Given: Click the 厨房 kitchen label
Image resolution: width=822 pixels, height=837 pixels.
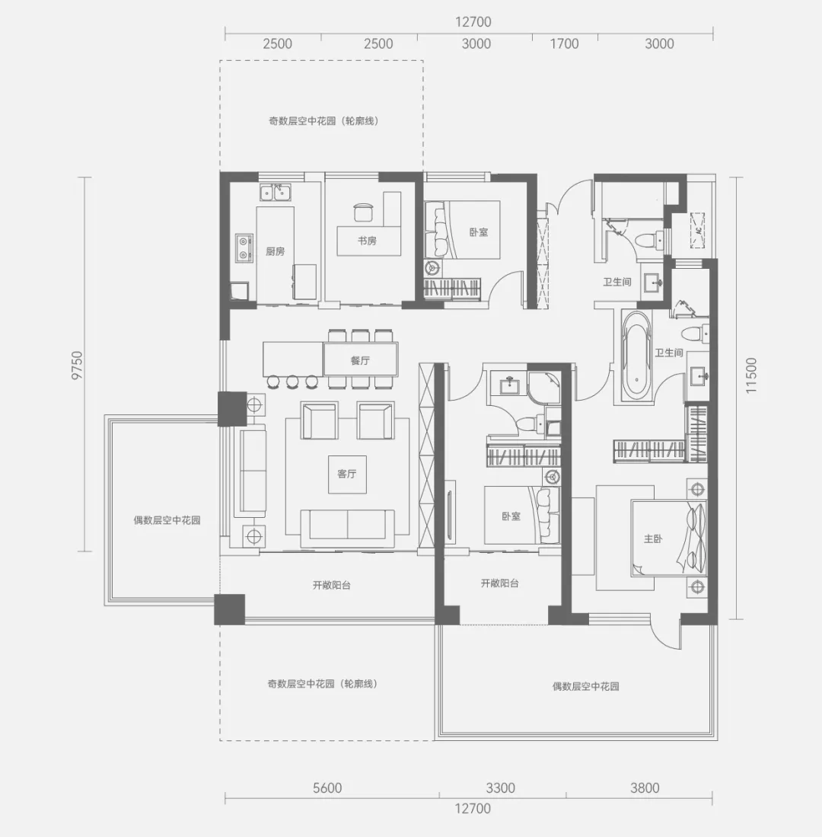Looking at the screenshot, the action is [x=276, y=251].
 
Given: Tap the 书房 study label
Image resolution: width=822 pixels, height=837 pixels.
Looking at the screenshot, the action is [x=367, y=241].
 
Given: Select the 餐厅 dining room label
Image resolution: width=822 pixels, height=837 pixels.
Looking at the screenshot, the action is [x=360, y=361].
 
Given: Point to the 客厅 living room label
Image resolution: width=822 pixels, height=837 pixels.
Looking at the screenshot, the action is [x=347, y=474].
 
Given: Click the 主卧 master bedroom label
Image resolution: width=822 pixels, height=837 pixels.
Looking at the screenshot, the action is [x=653, y=538].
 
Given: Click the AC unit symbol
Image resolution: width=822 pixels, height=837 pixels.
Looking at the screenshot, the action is [x=698, y=230].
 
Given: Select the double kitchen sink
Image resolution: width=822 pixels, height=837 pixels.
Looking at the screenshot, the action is [x=276, y=192].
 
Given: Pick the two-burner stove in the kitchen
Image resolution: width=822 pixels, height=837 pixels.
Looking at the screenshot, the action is [x=244, y=248].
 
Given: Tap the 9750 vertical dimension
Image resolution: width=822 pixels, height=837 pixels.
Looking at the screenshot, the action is [x=78, y=365].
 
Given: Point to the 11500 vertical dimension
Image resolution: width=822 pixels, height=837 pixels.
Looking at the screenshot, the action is [x=751, y=375].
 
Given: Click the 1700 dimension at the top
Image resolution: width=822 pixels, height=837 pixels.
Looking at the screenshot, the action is [x=564, y=43].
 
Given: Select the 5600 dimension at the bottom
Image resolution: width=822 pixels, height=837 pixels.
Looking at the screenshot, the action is [x=327, y=788].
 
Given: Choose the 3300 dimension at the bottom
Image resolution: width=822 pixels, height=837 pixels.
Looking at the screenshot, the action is [x=500, y=788].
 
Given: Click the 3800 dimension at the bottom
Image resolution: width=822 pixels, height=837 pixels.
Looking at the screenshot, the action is [x=645, y=788].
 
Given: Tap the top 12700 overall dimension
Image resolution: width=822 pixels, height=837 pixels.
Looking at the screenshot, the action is [x=473, y=22].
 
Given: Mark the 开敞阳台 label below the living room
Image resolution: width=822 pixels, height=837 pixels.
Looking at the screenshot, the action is [x=331, y=585].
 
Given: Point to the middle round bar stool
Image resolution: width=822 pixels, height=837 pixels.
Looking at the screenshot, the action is [x=292, y=381].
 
